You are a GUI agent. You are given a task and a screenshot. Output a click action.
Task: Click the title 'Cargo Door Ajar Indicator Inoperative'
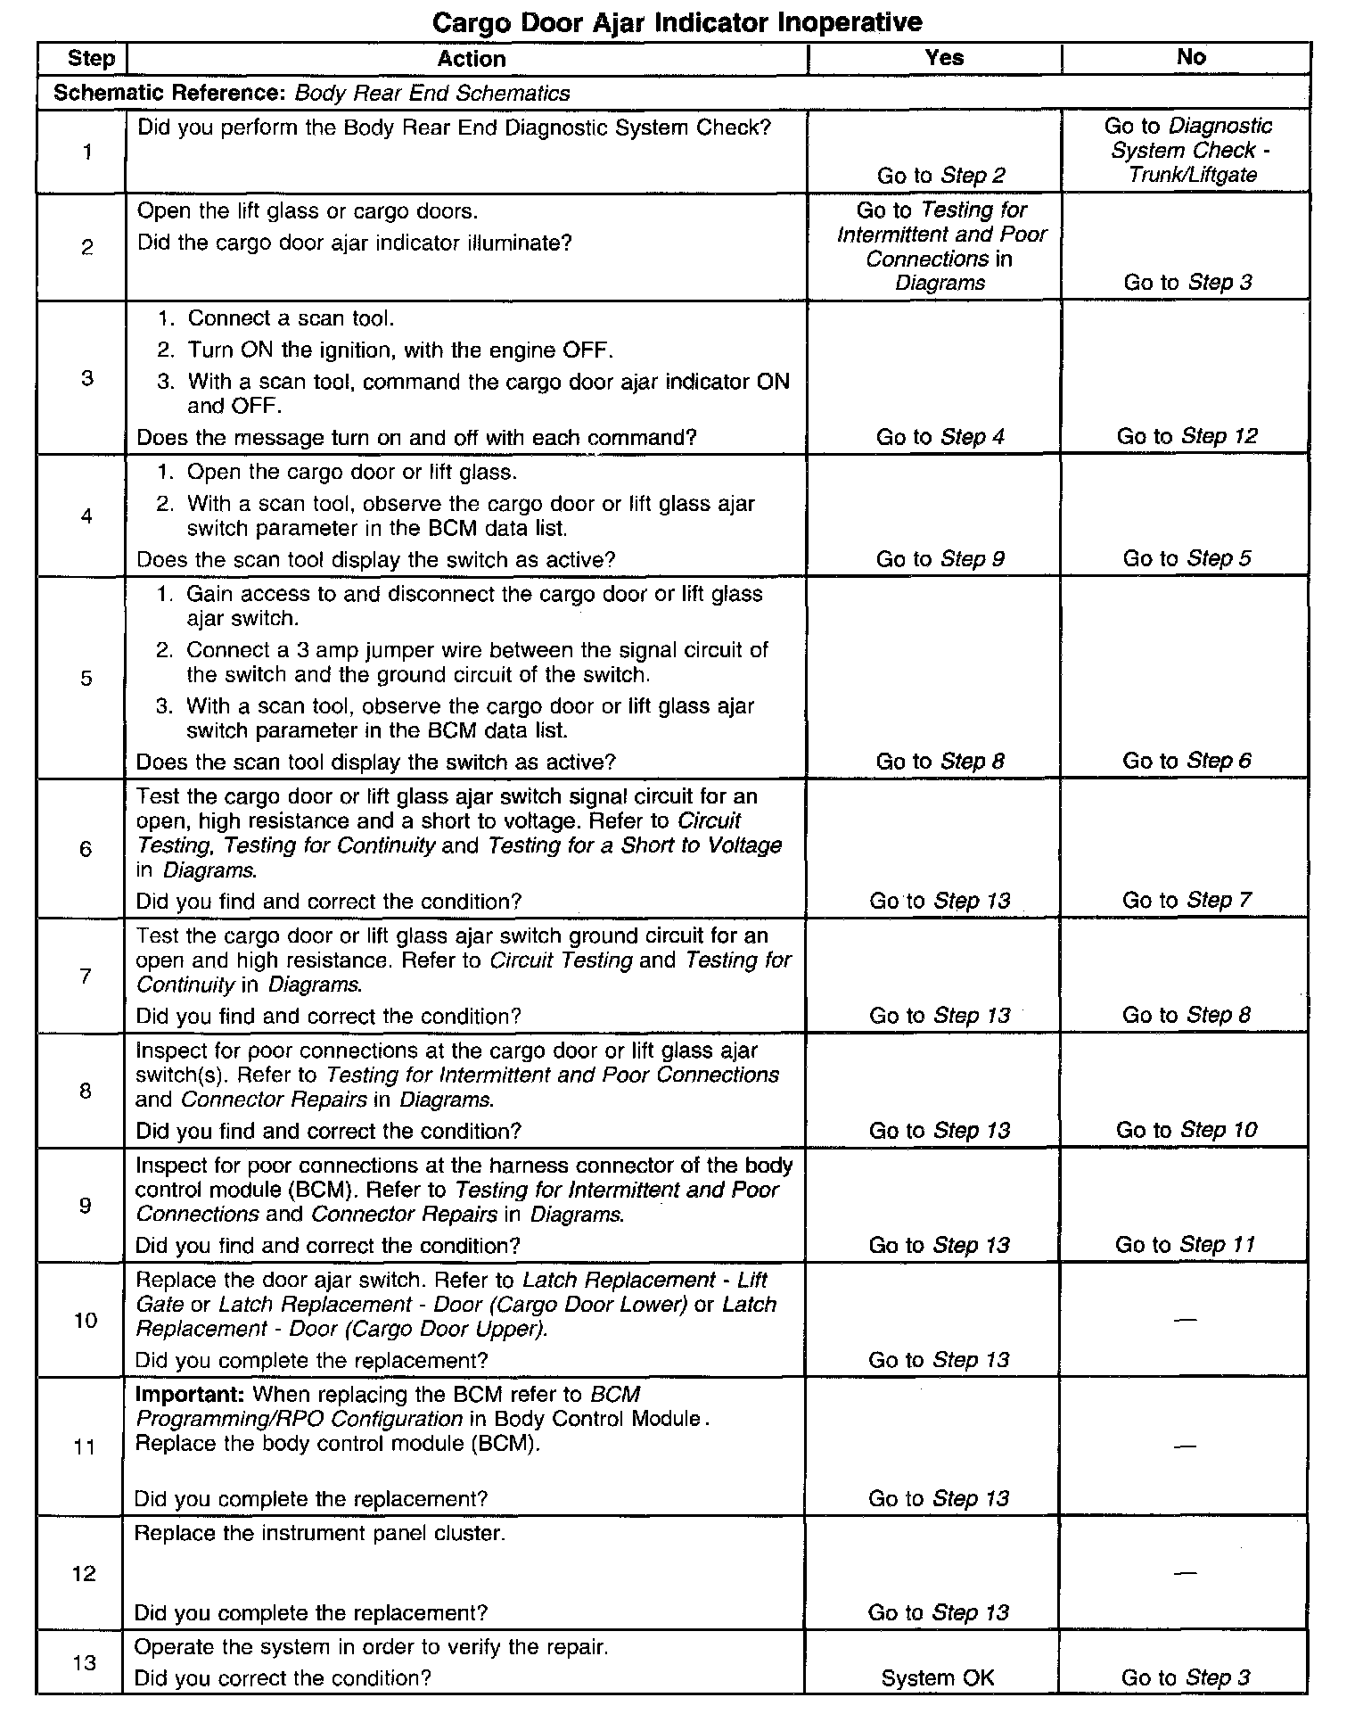[677, 21]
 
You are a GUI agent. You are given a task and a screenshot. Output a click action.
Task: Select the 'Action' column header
[472, 59]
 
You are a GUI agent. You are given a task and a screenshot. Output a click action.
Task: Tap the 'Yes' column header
[944, 58]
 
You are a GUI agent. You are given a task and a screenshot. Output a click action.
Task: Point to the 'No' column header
[1191, 57]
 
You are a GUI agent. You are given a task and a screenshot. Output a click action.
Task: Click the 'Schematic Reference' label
[170, 93]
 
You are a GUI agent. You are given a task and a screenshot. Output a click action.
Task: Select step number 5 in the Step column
[86, 678]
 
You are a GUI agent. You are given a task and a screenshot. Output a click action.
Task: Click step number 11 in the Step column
[84, 1446]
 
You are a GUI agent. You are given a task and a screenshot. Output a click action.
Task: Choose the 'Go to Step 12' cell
[1187, 436]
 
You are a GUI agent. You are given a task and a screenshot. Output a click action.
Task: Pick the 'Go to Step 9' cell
[940, 558]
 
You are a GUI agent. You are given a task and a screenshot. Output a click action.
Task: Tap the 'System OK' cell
[937, 1677]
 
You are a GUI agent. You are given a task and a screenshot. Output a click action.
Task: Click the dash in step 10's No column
[1185, 1320]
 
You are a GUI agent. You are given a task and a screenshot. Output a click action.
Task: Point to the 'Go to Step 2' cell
[940, 176]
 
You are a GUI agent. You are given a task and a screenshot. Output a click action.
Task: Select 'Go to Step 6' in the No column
[1187, 761]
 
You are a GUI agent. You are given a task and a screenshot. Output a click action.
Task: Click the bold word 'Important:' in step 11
[191, 1394]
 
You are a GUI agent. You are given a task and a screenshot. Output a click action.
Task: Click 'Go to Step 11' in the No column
[1185, 1244]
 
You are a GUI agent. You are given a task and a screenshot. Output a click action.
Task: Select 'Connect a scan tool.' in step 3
[291, 318]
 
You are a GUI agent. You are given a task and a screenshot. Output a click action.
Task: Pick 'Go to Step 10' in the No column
[1186, 1130]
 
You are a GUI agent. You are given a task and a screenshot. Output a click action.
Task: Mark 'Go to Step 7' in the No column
[1187, 900]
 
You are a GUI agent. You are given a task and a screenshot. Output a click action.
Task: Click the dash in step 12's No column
[1185, 1574]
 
